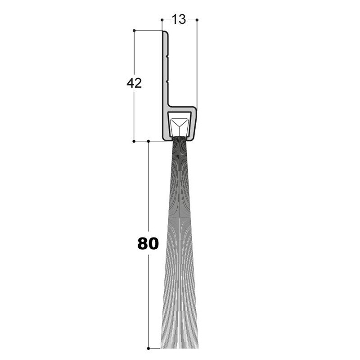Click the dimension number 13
coord(179,20)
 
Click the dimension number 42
coord(134,83)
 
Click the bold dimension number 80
coord(148,243)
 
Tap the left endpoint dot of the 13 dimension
coord(162,20)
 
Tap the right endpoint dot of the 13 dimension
coord(197,20)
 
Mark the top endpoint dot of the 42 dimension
coord(134,31)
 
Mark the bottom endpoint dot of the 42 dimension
coord(134,141)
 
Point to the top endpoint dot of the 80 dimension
coord(148,141)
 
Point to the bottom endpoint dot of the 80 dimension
coord(148,348)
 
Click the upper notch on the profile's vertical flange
coord(167,57)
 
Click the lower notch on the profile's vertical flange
coord(167,81)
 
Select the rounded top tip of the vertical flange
coord(165,33)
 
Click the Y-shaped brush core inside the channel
coord(180,124)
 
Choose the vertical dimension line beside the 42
coord(134,112)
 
